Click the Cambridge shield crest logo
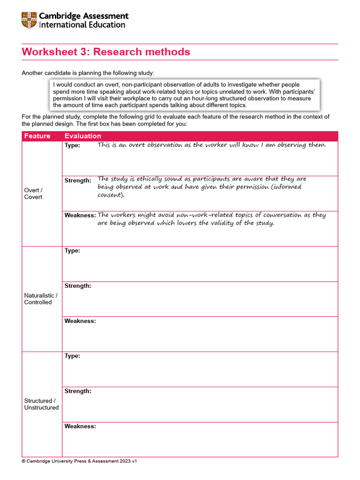click(x=29, y=20)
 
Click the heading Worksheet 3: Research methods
click(x=106, y=52)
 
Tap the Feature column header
click(x=37, y=136)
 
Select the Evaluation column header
click(x=82, y=136)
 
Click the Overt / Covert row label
click(x=33, y=194)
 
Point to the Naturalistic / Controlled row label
click(x=41, y=299)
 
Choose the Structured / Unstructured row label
click(x=41, y=404)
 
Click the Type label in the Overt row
click(x=72, y=145)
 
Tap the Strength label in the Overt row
click(x=78, y=180)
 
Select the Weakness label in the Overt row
click(x=80, y=215)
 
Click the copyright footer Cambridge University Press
click(x=79, y=461)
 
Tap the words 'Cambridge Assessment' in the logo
click(x=83, y=16)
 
